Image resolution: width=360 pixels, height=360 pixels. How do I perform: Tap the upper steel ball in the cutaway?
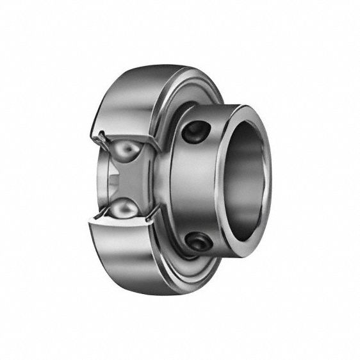129,152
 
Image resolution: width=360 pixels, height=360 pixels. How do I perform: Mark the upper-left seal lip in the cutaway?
102,136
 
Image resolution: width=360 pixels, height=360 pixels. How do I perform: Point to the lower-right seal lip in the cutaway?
151,222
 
